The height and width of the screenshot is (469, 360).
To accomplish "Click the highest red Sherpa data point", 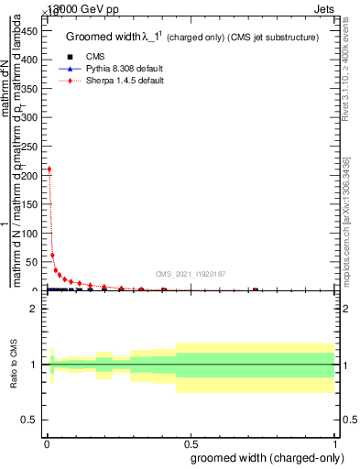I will pos(49,169).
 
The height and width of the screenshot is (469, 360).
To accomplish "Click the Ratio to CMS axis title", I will pos(14,365).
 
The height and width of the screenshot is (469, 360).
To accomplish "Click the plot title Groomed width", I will pos(105,37).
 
